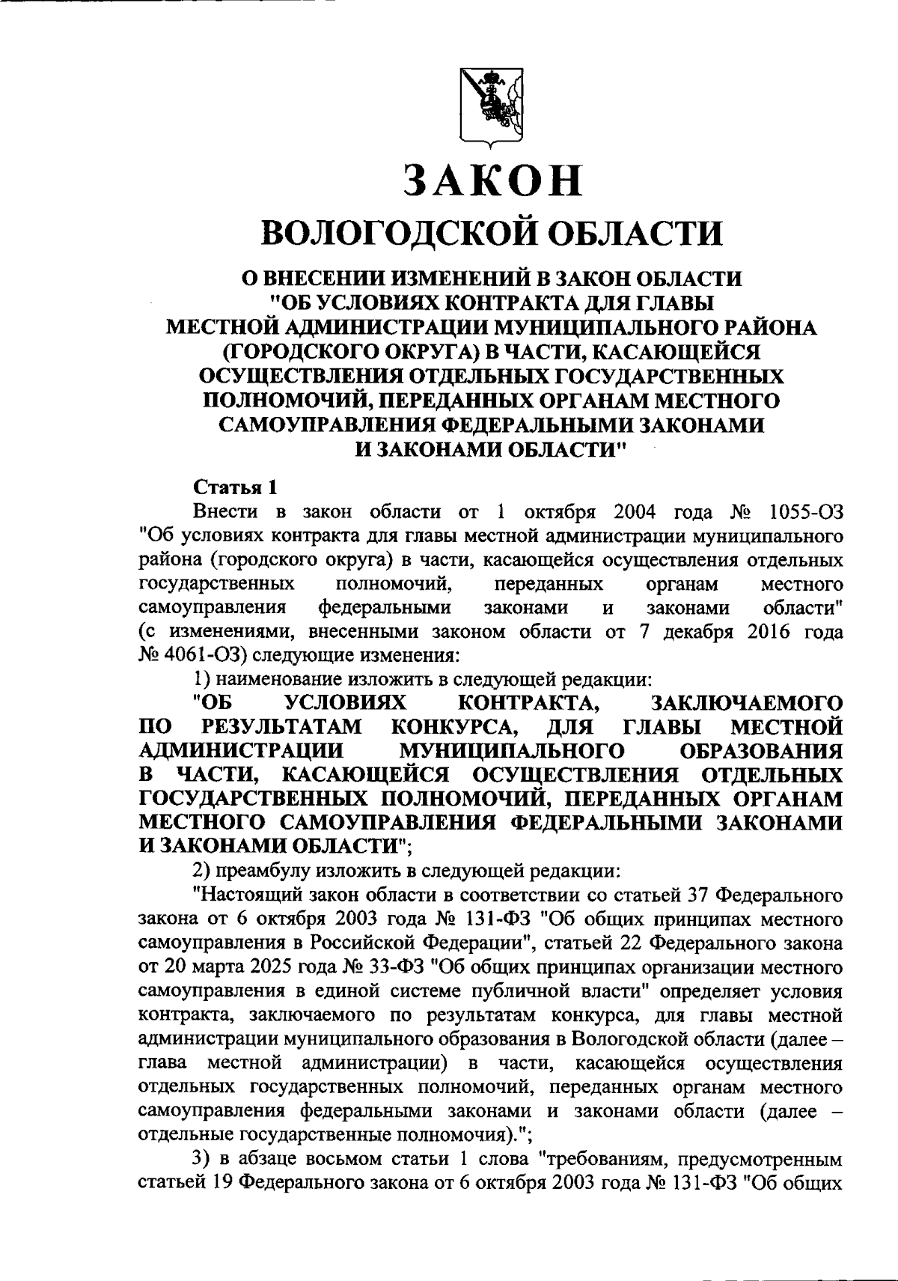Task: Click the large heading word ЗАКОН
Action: click(491, 180)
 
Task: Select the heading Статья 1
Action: click(236, 487)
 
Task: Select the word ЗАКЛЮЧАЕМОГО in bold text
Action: click(748, 703)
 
